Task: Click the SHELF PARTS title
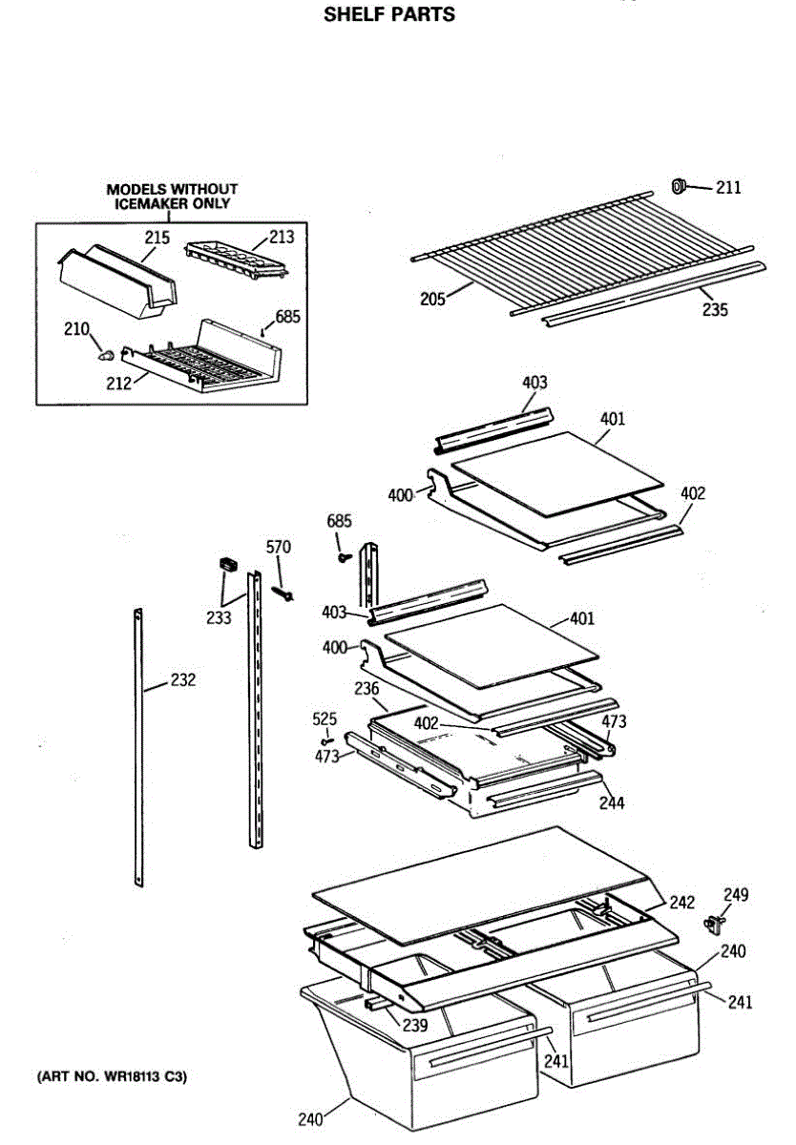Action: (389, 14)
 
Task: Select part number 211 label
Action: (728, 188)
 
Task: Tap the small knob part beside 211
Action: (679, 185)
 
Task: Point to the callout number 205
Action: (433, 299)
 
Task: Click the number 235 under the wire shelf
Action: (714, 309)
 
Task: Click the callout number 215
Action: (157, 238)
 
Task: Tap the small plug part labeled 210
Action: (106, 355)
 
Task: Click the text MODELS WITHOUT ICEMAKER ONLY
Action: (172, 197)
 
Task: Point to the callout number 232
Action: (182, 680)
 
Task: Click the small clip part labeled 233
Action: (227, 564)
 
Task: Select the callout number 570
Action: (278, 547)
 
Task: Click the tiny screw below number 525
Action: (327, 739)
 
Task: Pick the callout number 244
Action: (611, 803)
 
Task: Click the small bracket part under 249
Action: (713, 923)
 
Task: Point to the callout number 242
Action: (681, 903)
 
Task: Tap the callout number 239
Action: (414, 1026)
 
